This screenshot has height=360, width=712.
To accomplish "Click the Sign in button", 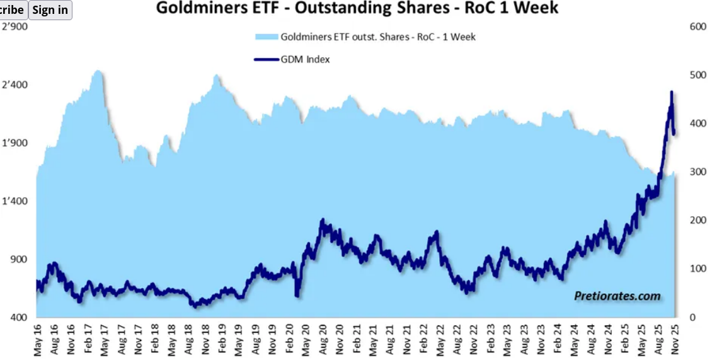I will point(50,10).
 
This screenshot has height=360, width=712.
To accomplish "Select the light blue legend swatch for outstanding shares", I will point(266,37).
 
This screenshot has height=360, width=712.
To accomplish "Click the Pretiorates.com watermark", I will point(617,296).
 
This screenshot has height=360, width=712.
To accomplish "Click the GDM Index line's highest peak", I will point(672,92).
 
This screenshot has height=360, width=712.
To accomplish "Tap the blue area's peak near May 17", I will point(97,71).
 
